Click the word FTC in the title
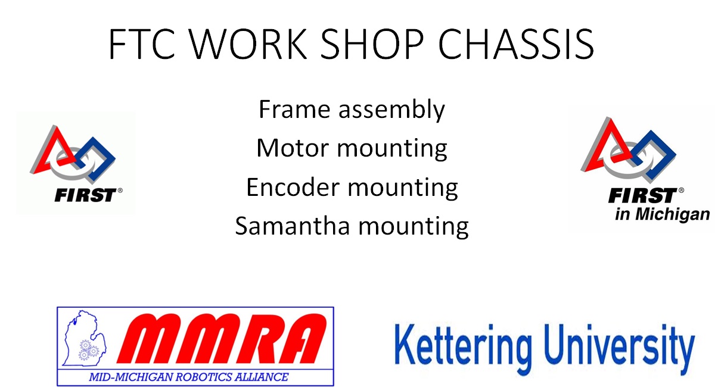(142, 43)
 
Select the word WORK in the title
(248, 43)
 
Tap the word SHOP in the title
(372, 43)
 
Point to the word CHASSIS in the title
(516, 43)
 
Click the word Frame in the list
(294, 110)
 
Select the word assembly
(391, 110)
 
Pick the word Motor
(293, 148)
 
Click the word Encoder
(293, 187)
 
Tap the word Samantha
(293, 226)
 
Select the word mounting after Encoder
(403, 189)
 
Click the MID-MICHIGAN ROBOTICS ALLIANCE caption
(189, 377)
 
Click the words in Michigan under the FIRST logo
(662, 214)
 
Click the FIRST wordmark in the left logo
(86, 195)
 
